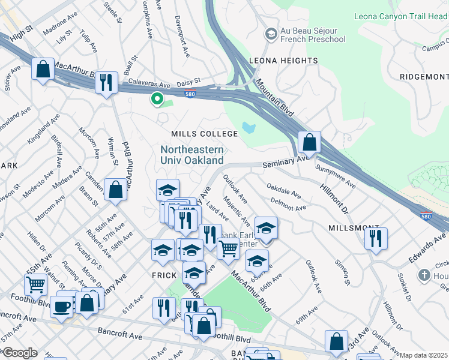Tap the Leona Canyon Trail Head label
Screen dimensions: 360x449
400,16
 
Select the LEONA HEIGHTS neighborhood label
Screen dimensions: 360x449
283,61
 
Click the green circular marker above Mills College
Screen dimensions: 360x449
157,98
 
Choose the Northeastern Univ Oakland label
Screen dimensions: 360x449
192,155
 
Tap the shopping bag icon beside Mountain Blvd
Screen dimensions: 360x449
309,143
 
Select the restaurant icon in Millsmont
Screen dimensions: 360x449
376,237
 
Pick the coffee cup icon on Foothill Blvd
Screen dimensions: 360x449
61,307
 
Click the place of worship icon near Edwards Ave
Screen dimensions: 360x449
424,275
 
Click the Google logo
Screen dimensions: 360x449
20,353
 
